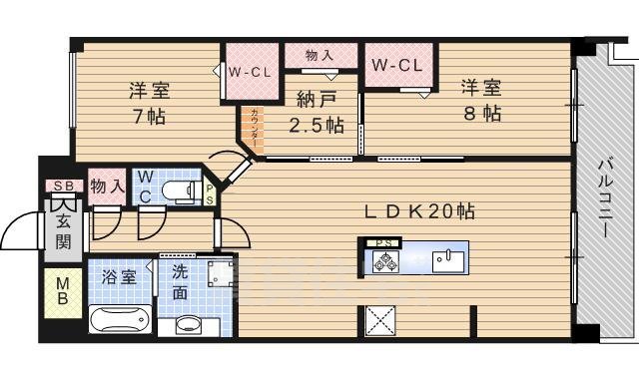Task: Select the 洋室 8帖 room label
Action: [480, 99]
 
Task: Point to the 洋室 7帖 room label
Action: [148, 103]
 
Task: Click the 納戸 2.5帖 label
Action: [316, 113]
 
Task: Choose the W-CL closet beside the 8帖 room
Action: [398, 66]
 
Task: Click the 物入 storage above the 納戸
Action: [319, 56]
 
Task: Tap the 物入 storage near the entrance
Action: [106, 186]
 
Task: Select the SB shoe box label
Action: [62, 187]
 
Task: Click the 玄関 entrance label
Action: [62, 231]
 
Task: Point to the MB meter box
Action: [62, 290]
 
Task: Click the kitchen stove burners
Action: [385, 262]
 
